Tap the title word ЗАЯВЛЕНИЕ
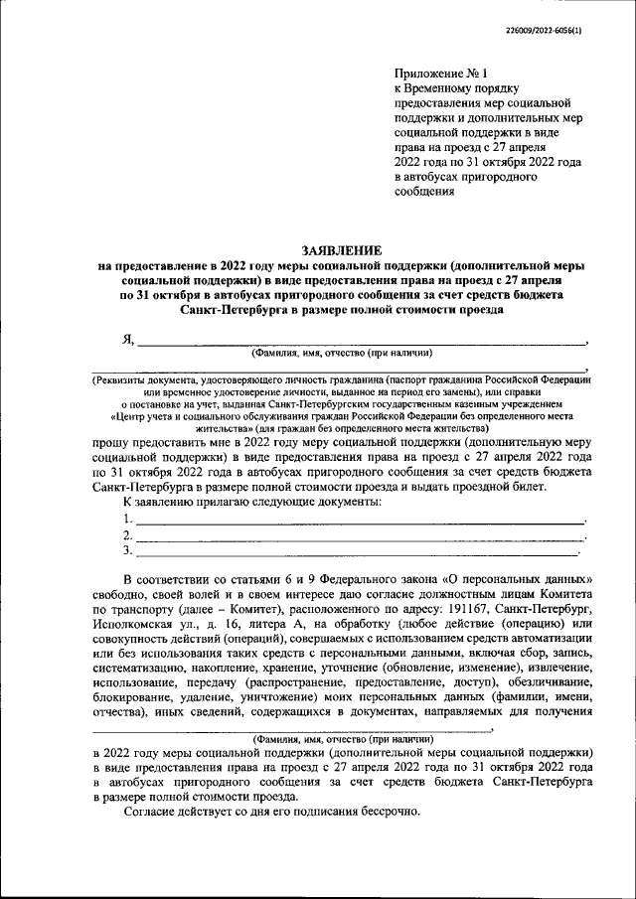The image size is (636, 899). coord(343,250)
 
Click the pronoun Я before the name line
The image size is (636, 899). coord(127,339)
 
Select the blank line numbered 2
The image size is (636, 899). coord(358,534)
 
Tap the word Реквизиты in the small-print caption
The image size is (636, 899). coord(123,379)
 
